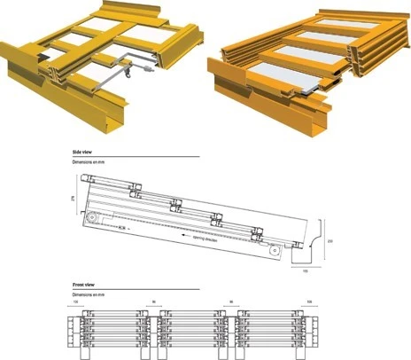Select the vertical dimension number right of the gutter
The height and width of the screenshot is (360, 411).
330,240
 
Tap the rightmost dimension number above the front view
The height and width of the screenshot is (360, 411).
308,302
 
